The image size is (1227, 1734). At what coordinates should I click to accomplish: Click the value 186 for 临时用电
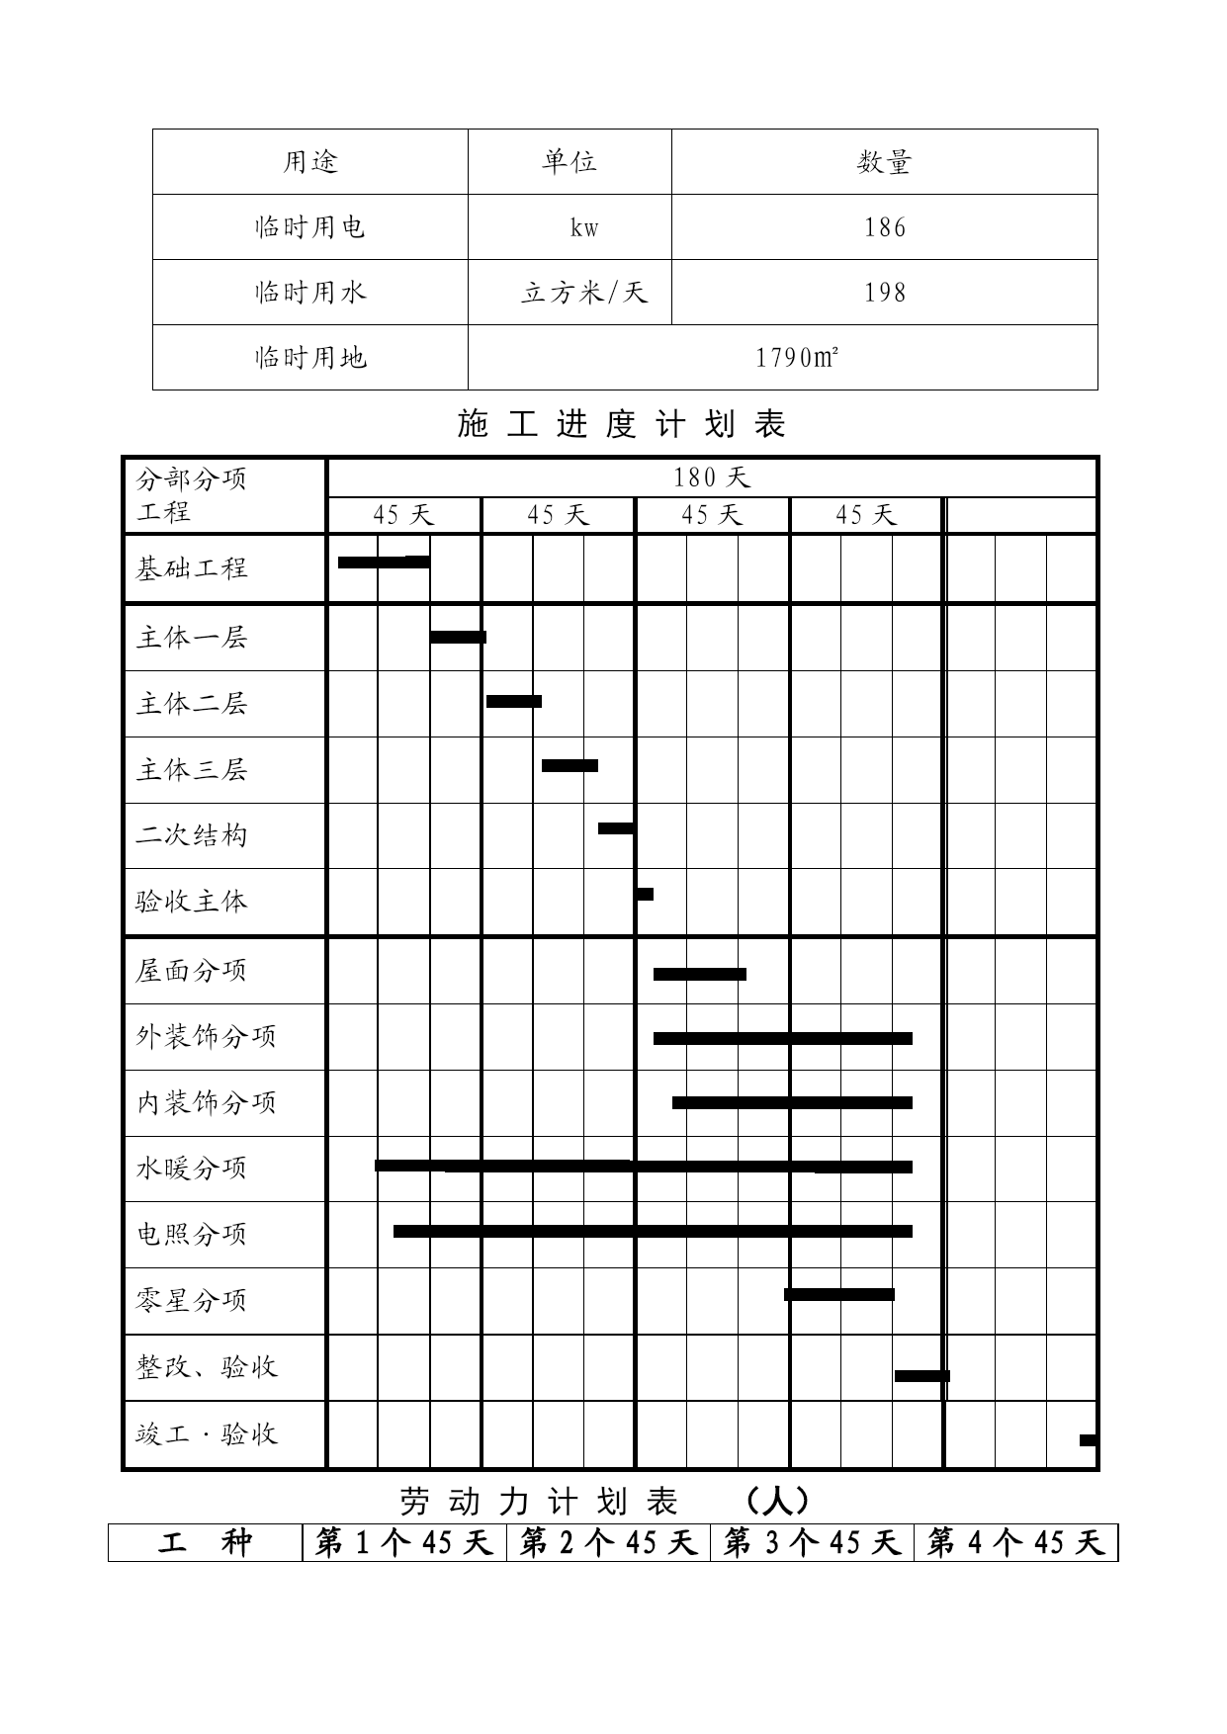(884, 227)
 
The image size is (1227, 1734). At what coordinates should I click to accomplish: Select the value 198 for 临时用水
(884, 293)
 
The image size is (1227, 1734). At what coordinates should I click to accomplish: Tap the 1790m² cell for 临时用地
(797, 357)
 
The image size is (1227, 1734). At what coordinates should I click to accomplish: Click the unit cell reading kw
(583, 227)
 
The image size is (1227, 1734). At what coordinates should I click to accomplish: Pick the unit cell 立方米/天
(583, 293)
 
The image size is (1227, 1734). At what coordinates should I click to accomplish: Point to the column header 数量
(884, 162)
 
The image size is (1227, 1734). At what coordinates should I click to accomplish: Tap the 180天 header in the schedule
(712, 478)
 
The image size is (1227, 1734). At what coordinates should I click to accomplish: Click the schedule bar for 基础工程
(383, 563)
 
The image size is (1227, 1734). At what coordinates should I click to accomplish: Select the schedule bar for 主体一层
(458, 637)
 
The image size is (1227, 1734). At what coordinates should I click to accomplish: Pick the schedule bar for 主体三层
(570, 765)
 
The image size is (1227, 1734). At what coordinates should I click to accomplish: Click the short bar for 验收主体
(645, 894)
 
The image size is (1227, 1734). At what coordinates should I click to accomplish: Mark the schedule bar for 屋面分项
(699, 974)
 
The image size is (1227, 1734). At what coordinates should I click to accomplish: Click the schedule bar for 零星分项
(839, 1294)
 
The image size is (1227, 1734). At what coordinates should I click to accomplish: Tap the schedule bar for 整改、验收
(921, 1375)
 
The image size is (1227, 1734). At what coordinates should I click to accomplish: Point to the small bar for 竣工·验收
(1088, 1440)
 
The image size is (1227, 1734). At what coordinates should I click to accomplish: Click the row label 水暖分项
(191, 1169)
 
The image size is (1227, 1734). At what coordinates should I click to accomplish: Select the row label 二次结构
(191, 836)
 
